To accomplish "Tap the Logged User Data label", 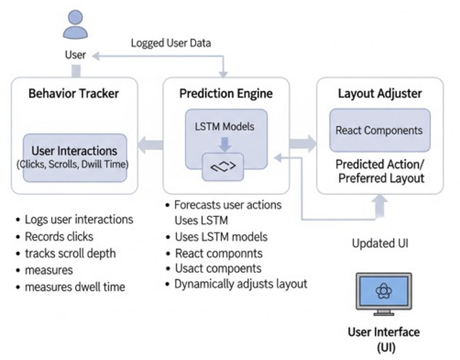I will pos(171,43).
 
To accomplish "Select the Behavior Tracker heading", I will pos(74,93).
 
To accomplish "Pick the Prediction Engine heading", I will pos(226,93).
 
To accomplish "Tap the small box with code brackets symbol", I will pos(223,166).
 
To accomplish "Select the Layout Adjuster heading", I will pos(380,93).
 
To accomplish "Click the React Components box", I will pos(379,130).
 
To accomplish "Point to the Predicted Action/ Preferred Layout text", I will pos(379,172).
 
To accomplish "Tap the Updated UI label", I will pos(379,244).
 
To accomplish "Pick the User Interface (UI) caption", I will pos(383,340).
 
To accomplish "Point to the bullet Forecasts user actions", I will pos(228,205).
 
